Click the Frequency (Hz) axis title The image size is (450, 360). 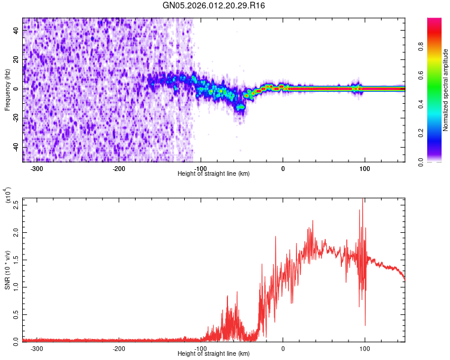coord(7,90)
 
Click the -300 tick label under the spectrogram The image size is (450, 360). coord(37,169)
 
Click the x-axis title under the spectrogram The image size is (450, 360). coord(214,174)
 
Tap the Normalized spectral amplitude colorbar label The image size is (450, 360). coord(446,90)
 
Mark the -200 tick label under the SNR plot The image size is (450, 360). coord(119,349)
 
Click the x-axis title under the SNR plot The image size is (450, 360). coord(214,354)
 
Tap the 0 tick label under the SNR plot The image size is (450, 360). coord(283,349)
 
